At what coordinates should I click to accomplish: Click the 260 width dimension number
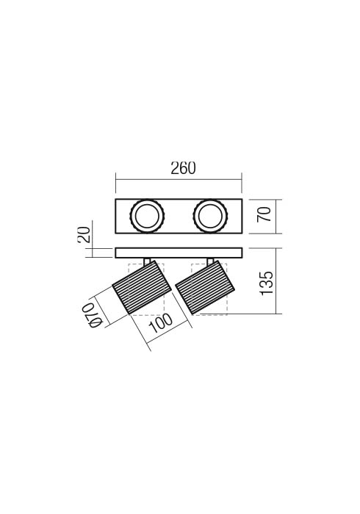pos(183,168)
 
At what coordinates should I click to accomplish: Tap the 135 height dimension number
pos(266,283)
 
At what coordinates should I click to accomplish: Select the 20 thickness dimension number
pos(84,234)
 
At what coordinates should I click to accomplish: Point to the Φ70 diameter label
pos(90,315)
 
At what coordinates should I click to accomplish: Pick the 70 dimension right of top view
pos(264,214)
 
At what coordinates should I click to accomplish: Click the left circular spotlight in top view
pos(147,216)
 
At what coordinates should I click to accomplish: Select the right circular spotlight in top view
pos(211,216)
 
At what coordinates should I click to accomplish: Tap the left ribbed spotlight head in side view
pos(142,288)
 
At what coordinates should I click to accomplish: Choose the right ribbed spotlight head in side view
pos(205,288)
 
